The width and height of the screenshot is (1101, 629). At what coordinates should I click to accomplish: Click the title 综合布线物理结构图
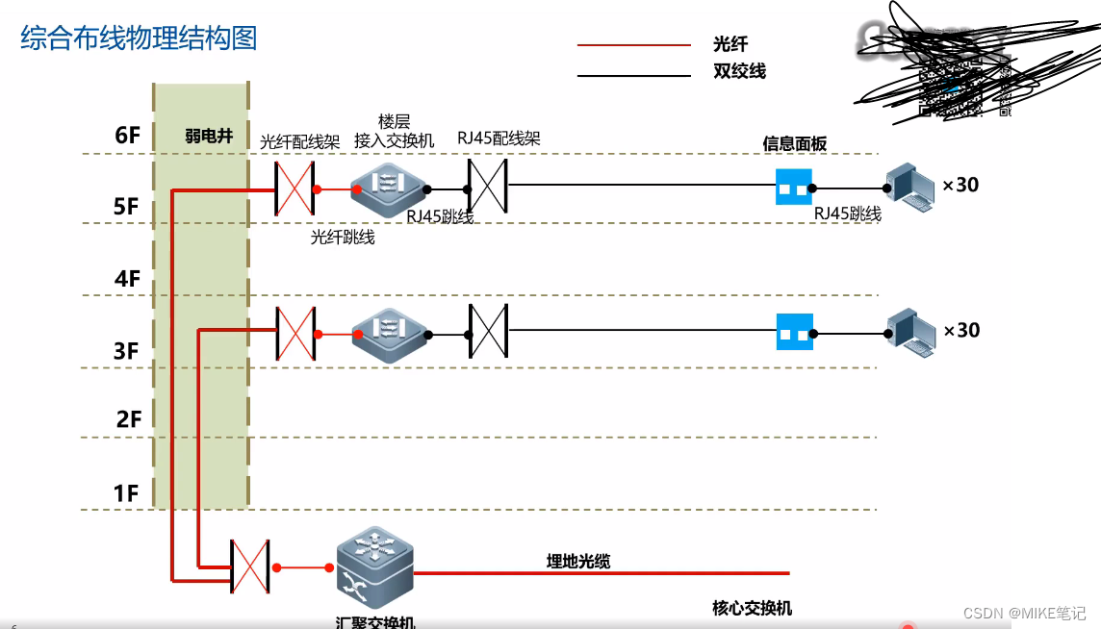click(x=139, y=38)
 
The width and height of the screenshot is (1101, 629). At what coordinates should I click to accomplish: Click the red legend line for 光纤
click(x=633, y=45)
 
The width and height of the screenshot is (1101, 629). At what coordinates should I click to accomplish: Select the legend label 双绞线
click(x=739, y=71)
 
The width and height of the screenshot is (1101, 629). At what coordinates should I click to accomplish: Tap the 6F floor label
click(x=127, y=136)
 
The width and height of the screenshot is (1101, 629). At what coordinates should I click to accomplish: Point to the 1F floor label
click(x=127, y=493)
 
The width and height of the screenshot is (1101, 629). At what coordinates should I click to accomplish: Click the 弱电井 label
click(x=209, y=137)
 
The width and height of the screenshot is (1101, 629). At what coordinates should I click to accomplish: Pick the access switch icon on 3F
click(x=388, y=333)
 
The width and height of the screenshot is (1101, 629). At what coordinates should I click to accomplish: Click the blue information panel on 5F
click(x=794, y=188)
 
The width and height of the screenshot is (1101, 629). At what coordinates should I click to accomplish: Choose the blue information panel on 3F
click(x=794, y=332)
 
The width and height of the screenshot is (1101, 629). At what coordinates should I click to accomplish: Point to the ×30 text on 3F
click(x=960, y=330)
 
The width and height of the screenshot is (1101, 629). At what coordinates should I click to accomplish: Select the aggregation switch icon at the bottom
click(x=374, y=567)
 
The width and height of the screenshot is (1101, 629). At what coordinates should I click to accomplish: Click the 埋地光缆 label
click(x=578, y=562)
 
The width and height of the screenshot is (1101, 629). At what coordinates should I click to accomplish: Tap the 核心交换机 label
click(x=752, y=608)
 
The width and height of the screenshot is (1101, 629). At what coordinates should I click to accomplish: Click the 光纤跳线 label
click(x=342, y=237)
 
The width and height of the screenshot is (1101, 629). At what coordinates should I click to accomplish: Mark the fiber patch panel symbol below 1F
click(x=250, y=566)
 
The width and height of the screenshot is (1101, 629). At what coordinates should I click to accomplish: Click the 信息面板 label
click(x=794, y=143)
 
